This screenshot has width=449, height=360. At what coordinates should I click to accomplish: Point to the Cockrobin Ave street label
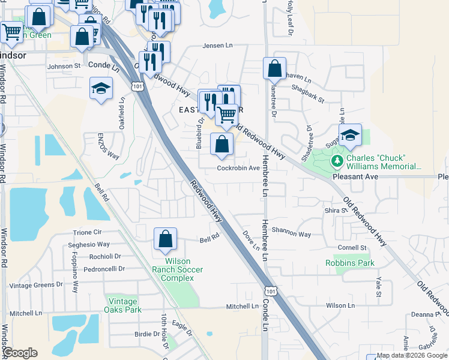pos(238,168)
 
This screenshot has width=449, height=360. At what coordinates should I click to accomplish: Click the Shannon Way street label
pos(291,235)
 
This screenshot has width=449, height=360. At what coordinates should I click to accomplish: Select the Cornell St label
pos(352,247)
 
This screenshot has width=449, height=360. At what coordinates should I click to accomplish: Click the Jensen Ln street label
pos(217,46)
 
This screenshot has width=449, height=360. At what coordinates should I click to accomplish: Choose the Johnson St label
pos(64,66)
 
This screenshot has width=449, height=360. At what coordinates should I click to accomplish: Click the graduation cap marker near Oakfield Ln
pos(101,88)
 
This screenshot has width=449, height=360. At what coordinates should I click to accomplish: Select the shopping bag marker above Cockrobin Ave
pos(222,144)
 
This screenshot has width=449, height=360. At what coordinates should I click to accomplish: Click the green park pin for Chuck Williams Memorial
pos(337,161)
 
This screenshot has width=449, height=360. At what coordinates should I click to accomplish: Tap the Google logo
pos(20,353)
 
